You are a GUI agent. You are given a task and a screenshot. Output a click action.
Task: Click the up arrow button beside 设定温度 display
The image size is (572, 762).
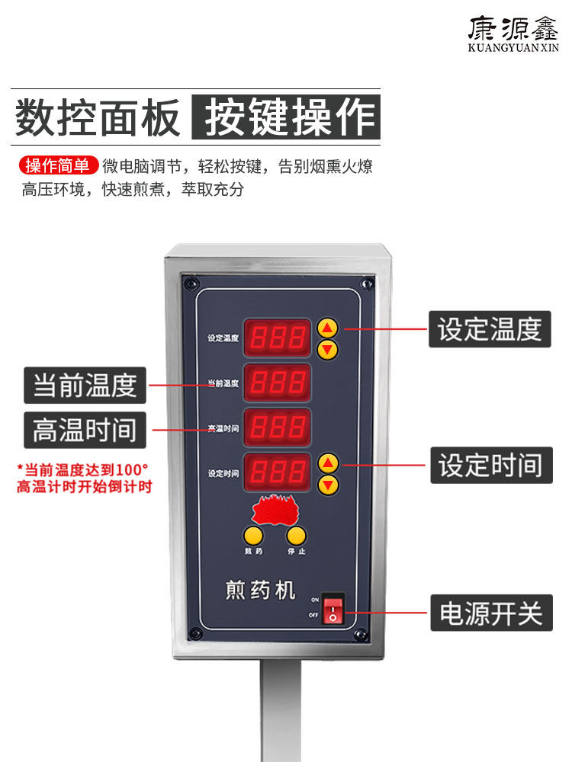[x=327, y=328]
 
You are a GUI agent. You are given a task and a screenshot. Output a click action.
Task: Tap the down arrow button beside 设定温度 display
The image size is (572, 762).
[x=327, y=350]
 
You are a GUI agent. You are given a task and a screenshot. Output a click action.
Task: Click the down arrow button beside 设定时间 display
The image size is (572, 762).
[x=328, y=485]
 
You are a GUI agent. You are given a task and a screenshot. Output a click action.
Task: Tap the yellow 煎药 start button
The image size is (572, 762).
[x=253, y=536]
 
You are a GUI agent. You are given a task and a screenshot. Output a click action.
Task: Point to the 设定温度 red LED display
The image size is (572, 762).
[x=277, y=338]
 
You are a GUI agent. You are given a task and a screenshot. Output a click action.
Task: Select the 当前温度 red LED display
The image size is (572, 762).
[x=277, y=383]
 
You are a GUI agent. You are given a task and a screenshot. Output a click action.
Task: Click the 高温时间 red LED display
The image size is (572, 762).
[x=277, y=427]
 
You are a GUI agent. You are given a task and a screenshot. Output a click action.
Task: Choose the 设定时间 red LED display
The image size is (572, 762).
[x=277, y=472]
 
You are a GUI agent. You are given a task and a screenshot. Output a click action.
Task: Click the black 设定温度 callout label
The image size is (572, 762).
[x=489, y=329]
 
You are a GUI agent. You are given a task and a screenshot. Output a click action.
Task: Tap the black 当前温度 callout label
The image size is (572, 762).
[x=85, y=386]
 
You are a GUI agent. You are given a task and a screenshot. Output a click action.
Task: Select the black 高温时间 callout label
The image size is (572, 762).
[x=85, y=431]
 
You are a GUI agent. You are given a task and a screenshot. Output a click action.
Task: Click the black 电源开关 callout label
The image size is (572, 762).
[x=490, y=613]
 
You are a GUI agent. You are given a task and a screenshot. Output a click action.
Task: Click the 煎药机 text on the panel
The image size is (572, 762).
[x=260, y=590]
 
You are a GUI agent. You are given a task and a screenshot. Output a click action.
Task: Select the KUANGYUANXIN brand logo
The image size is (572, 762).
[x=513, y=35]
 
